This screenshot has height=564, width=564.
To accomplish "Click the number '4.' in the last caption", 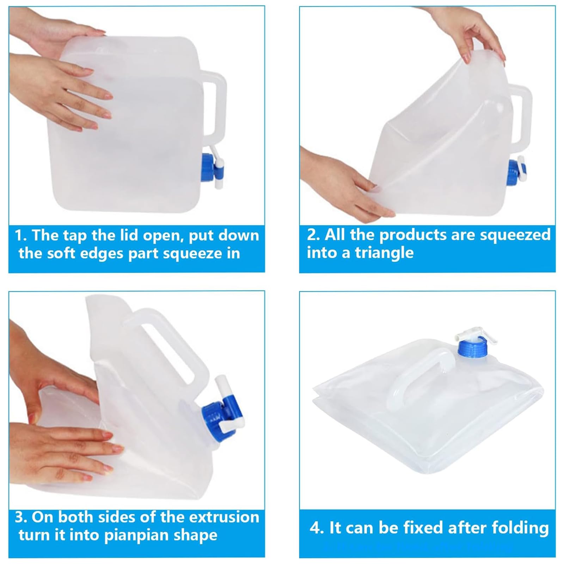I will pos(316,528).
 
